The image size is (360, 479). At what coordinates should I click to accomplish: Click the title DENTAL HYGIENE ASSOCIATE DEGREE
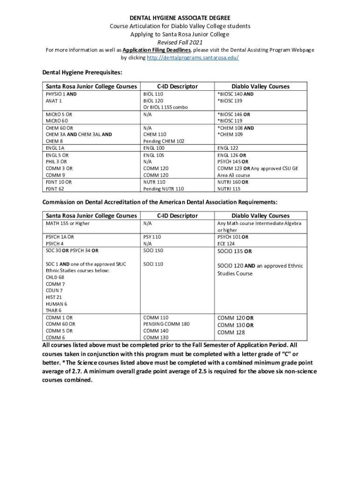coord(180,18)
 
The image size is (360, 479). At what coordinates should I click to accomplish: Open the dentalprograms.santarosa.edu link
coord(193,58)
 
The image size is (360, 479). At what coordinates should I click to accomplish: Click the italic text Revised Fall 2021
coord(180,42)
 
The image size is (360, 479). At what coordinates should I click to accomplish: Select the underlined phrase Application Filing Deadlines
coord(156,50)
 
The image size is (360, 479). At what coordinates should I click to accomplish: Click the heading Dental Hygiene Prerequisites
coord(82,73)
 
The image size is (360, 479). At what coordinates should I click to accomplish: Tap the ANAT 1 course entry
coord(54,101)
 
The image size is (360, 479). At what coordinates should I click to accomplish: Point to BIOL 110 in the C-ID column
coord(153,94)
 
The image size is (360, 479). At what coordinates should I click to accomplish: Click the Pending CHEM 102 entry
coord(164,141)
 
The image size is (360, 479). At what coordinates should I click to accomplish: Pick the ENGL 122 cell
coord(228,148)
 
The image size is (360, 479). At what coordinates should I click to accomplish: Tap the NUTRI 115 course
coord(229,189)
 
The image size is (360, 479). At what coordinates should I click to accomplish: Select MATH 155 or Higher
coord(67,224)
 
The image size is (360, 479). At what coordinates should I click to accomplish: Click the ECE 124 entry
coord(225,243)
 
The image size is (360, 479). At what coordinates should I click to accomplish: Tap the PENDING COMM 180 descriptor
coord(166,324)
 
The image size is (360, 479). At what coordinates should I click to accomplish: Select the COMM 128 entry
coord(231,333)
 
